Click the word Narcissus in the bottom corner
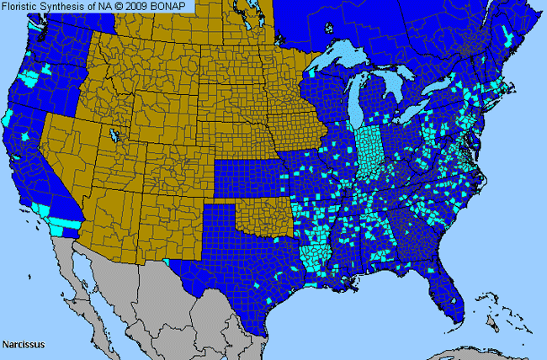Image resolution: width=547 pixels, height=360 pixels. [24, 344]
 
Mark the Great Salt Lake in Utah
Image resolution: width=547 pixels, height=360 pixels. [112, 135]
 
